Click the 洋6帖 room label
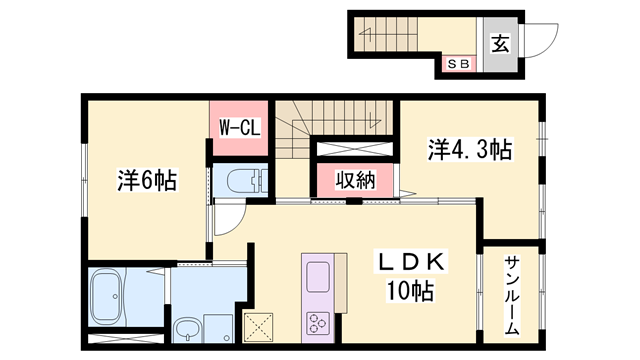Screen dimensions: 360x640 [148, 181]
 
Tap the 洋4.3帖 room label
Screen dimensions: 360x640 [471, 151]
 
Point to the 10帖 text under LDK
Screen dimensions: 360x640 [410, 292]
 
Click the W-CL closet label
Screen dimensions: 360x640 [239, 127]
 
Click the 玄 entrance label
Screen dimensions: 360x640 [499, 43]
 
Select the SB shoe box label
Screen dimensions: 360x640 [459, 65]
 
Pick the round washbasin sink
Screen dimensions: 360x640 [188, 326]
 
